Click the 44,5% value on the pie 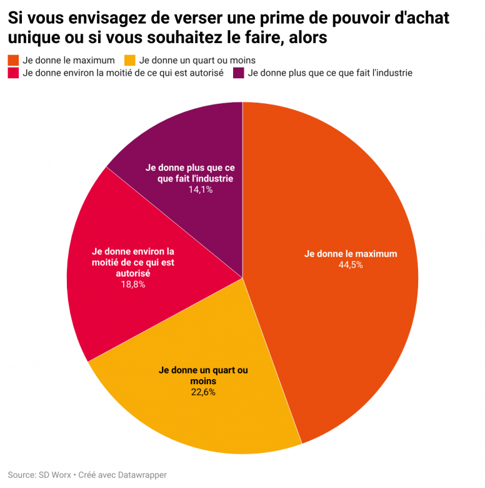(x=351, y=265)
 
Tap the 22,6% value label (x=203, y=392)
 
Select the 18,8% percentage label (x=132, y=284)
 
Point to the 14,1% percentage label (x=201, y=189)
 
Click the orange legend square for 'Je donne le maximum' (x=12, y=61)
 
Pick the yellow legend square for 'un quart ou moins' (x=130, y=61)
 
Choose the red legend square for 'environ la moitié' (x=12, y=73)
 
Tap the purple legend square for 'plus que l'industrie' (x=238, y=73)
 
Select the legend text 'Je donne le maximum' (x=68, y=61)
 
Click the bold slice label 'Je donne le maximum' (x=351, y=254)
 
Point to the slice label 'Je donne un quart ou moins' (x=203, y=375)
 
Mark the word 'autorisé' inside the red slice (x=132, y=273)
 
